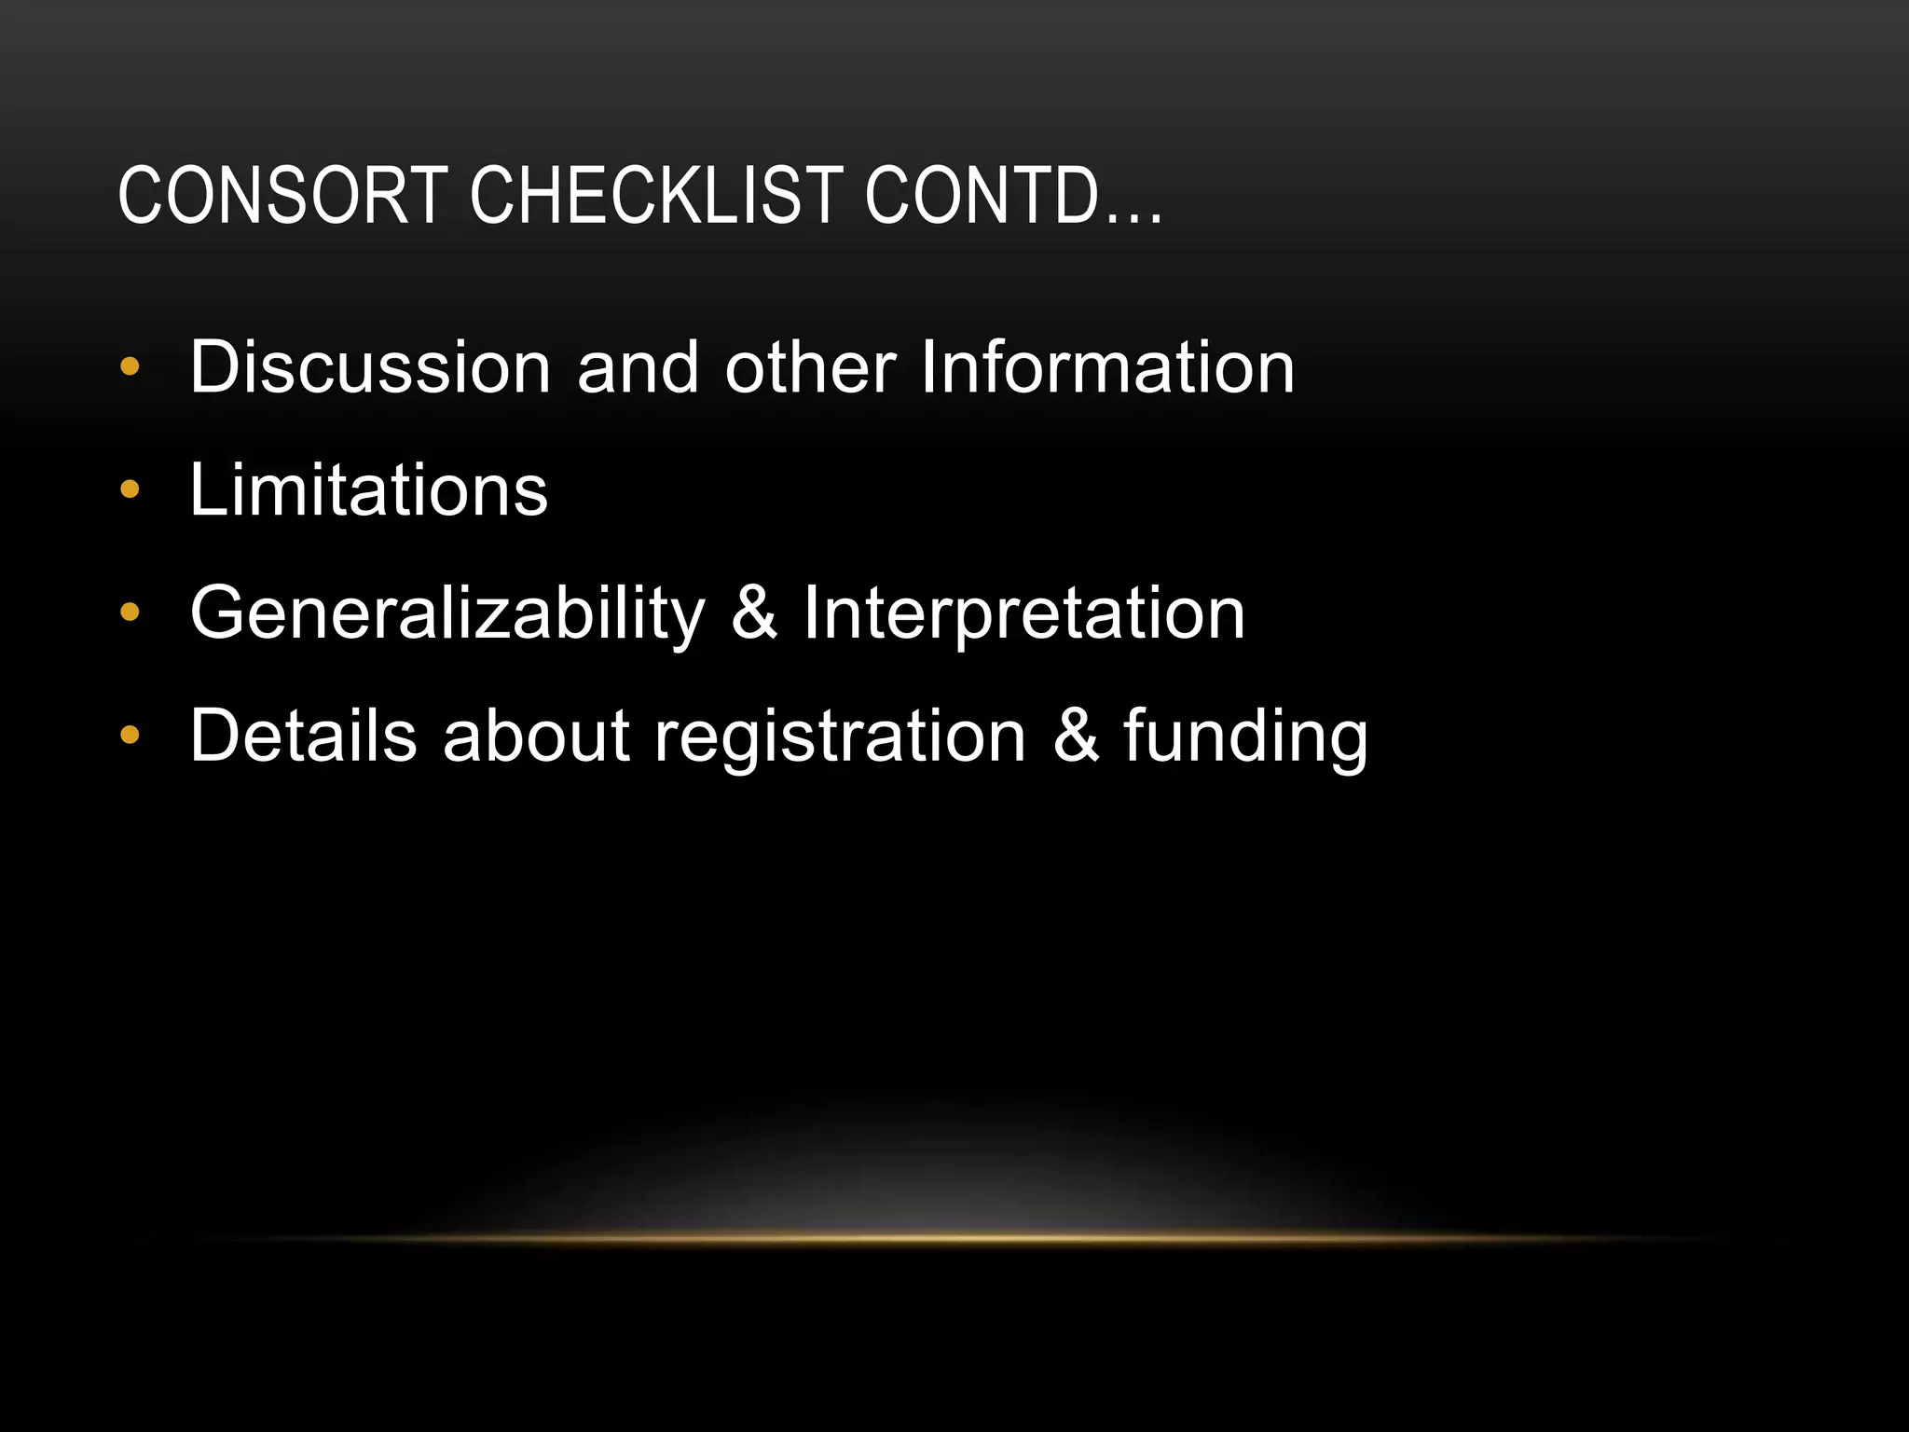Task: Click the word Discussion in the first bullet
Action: click(370, 367)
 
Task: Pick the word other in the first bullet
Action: click(810, 367)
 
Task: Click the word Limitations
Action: click(369, 490)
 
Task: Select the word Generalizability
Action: click(447, 614)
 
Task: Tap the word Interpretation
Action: click(1023, 614)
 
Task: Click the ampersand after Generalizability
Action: click(754, 613)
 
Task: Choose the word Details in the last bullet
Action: click(303, 737)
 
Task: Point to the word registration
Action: click(840, 737)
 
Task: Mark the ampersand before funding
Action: click(1076, 737)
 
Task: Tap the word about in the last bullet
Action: click(536, 737)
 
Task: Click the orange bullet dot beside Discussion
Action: click(130, 367)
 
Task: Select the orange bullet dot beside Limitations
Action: click(130, 489)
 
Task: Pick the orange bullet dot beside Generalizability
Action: click(130, 613)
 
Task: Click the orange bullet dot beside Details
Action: click(130, 736)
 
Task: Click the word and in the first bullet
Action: click(638, 367)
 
